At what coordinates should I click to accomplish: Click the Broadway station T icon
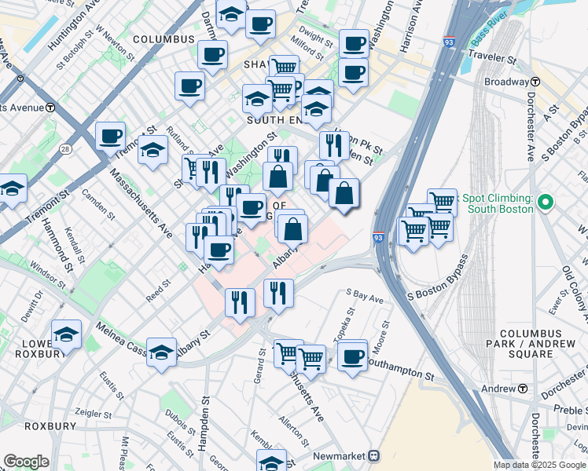[x=535, y=82]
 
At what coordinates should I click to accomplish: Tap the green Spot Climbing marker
[x=544, y=204]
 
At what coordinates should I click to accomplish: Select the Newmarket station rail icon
[x=374, y=455]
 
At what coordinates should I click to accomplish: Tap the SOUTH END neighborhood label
[x=275, y=121]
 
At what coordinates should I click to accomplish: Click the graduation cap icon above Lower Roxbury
[x=67, y=335]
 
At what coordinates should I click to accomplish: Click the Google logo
[x=26, y=461]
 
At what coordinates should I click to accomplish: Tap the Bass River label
[x=491, y=37]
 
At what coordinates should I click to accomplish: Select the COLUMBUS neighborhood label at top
[x=163, y=39]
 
